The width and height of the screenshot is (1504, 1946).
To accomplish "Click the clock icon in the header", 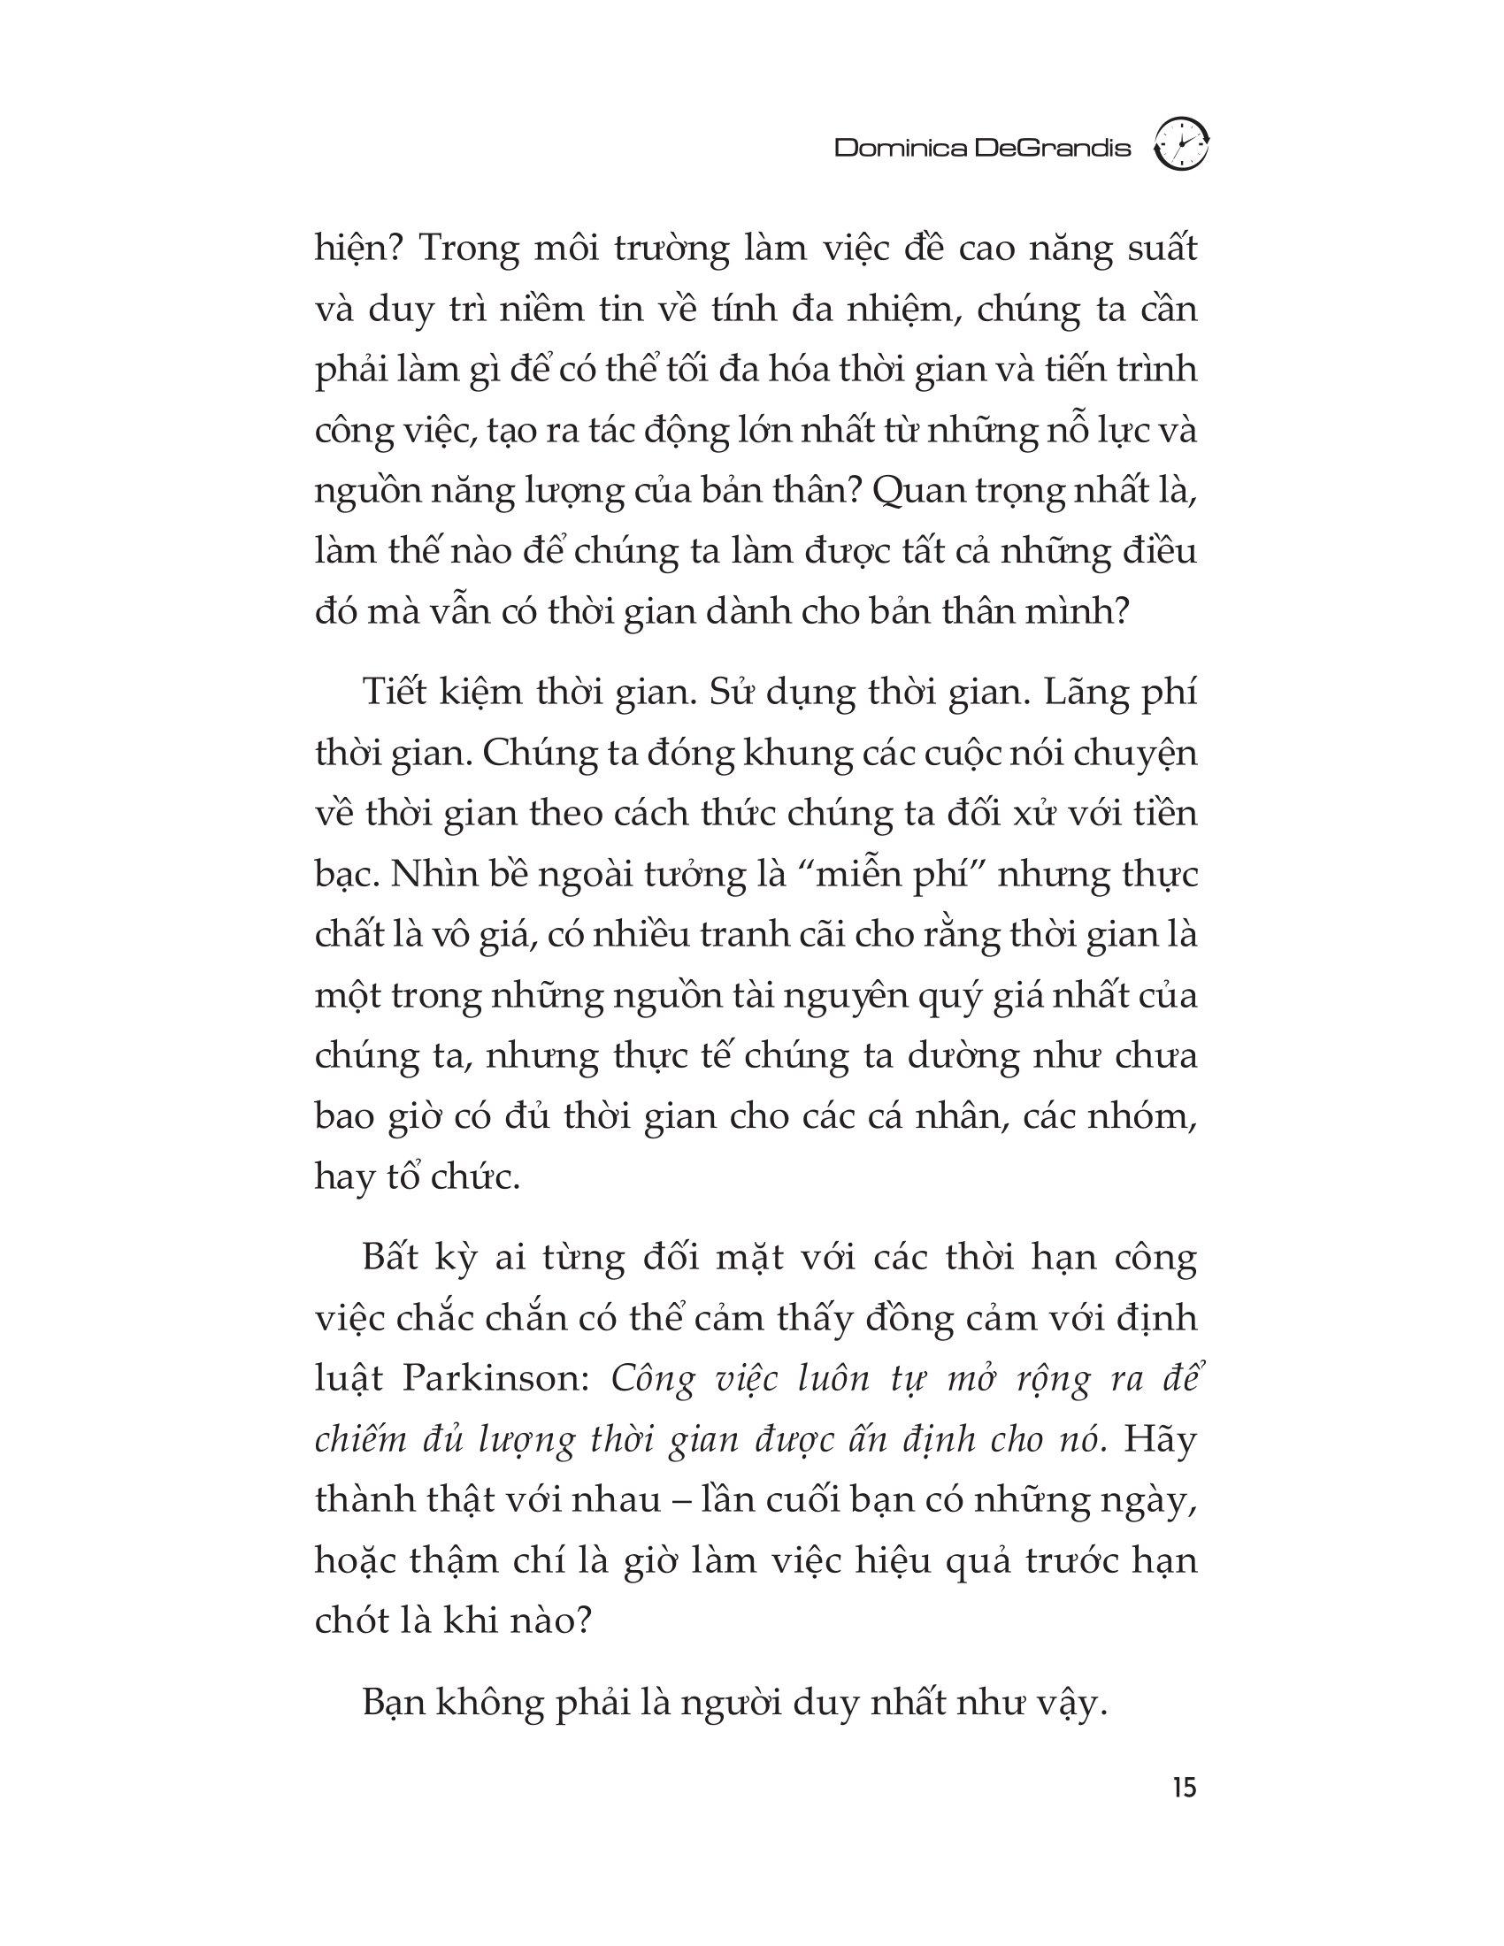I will coord(1181,144).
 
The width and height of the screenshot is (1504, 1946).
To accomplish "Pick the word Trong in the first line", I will coord(468,249).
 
